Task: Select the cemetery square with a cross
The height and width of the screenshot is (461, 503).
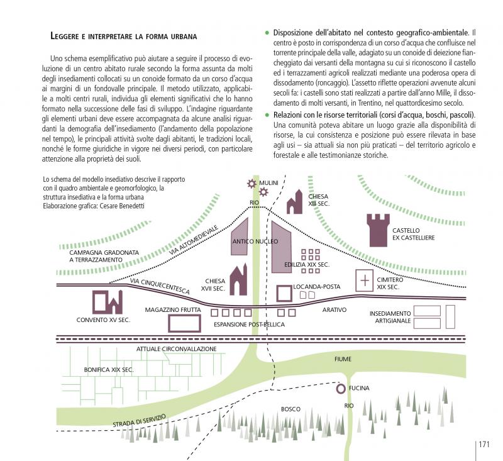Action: (365, 279)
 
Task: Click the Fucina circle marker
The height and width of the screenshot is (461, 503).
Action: (340, 389)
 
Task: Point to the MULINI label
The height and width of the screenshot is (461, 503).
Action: (268, 182)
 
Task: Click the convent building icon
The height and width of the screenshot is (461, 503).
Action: (107, 303)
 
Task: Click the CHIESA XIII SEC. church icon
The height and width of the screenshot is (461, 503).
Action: (295, 202)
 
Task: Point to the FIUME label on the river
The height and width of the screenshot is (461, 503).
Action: (343, 358)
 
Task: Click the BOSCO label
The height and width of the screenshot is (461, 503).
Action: (290, 409)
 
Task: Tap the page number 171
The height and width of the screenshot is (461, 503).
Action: (484, 444)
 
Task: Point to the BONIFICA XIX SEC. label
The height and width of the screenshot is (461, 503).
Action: (108, 370)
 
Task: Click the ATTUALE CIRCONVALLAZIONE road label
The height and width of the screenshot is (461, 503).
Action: (177, 348)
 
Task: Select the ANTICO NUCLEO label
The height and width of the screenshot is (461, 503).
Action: (255, 241)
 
